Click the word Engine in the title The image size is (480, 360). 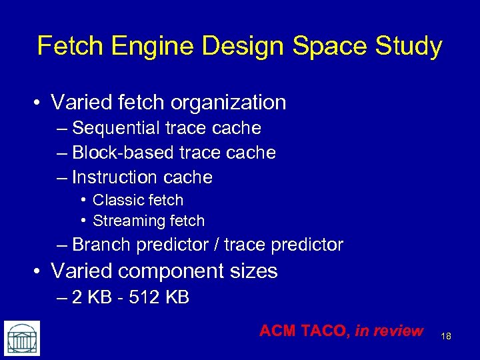140,47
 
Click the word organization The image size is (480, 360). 229,103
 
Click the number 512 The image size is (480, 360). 141,297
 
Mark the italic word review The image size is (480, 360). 398,331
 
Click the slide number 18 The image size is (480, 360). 446,336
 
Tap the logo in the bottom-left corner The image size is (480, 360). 22,338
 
